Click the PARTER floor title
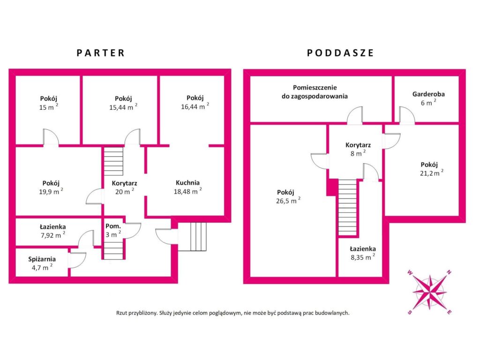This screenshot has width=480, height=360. [x=101, y=53]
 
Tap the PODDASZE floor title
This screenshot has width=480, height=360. [x=340, y=53]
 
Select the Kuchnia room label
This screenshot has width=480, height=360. [x=187, y=183]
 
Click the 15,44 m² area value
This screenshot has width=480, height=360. [x=123, y=107]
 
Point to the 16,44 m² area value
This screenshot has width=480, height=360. [x=195, y=106]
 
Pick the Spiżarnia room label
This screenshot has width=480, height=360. [x=42, y=259]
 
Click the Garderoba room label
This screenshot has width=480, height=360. [x=428, y=94]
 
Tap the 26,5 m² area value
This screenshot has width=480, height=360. [x=288, y=201]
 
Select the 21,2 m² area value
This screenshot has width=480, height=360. [x=431, y=172]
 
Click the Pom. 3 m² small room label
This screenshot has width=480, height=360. [x=113, y=231]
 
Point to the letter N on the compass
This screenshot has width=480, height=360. [x=449, y=272]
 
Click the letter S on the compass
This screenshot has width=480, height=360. [x=410, y=312]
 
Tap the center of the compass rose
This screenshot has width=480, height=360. [x=429, y=292]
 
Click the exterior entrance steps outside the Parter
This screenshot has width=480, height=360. [x=192, y=237]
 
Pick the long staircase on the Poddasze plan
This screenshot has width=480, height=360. [x=347, y=207]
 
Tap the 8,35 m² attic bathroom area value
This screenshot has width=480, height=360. [x=363, y=257]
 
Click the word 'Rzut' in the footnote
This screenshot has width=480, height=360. [x=121, y=313]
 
